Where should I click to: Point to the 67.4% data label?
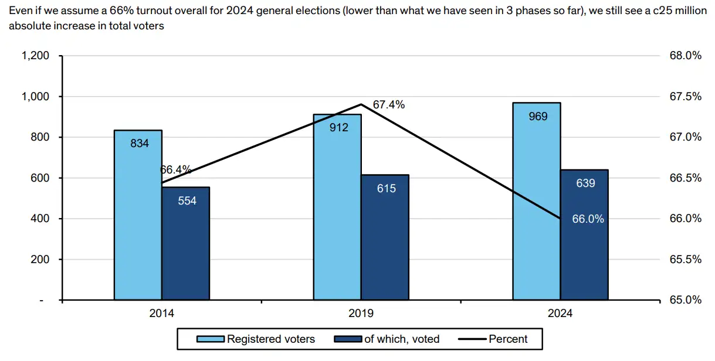(389, 105)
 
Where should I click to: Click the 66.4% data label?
(175, 170)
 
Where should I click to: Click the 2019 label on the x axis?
(361, 314)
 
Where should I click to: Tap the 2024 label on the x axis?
(560, 314)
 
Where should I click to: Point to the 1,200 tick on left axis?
(35, 56)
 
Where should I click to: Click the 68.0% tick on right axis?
(685, 56)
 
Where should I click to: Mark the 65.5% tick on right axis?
(685, 259)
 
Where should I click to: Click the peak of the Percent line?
(361, 104)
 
